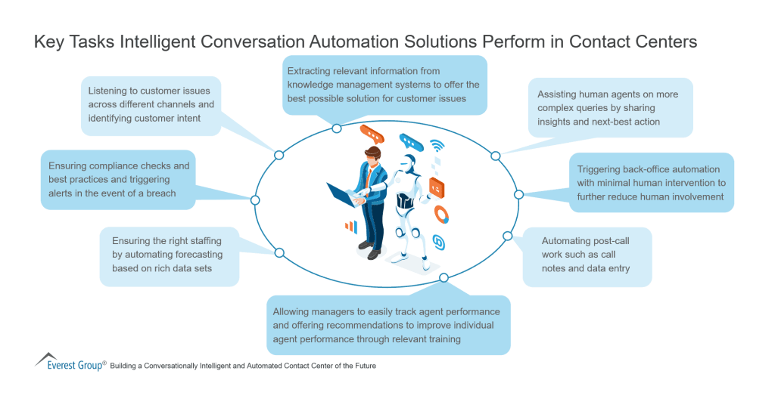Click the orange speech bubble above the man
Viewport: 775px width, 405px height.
coord(372,133)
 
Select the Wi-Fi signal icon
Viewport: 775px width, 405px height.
coord(437,147)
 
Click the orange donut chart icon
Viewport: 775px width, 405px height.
coord(441,215)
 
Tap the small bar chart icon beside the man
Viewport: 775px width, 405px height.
coord(350,226)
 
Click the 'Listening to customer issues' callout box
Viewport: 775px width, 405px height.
coord(150,105)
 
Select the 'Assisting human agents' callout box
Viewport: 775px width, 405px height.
coord(610,108)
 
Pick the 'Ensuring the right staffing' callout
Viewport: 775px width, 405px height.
coord(169,255)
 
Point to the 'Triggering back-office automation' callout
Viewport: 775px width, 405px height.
coord(651,183)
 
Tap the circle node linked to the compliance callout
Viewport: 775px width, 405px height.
coord(255,200)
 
